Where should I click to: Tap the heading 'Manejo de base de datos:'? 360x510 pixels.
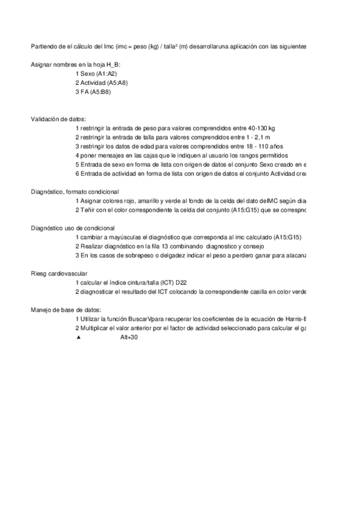pos(62,310)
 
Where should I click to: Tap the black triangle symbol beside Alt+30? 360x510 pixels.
pos(78,338)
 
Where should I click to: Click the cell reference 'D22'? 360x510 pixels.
pos(183,283)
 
